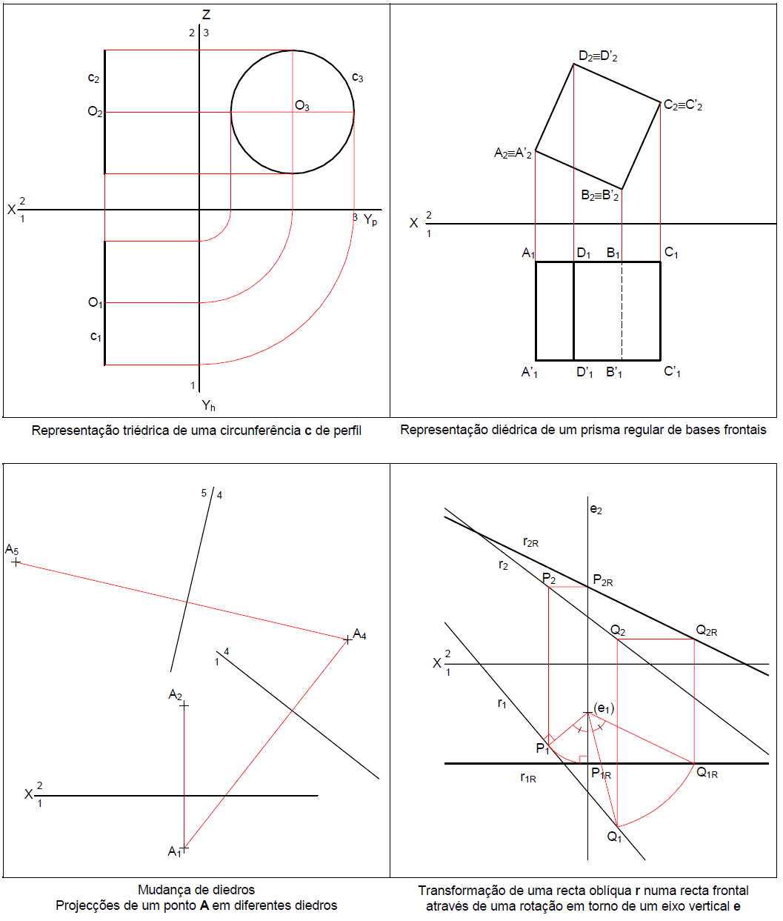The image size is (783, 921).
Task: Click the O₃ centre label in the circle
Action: click(302, 106)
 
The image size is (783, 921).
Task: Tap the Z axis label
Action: click(206, 15)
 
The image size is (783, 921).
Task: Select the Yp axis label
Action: click(370, 220)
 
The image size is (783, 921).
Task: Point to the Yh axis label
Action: click(209, 405)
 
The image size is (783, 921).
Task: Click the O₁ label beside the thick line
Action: click(96, 303)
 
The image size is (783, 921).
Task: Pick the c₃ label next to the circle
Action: click(357, 78)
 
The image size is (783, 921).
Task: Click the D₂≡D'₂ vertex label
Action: click(598, 56)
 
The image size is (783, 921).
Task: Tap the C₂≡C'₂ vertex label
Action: click(682, 105)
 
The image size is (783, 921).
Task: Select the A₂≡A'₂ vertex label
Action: click(513, 154)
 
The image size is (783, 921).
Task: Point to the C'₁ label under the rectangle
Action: click(672, 372)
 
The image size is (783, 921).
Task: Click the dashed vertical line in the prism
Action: click(622, 311)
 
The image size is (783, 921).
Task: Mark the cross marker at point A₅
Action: click(16, 562)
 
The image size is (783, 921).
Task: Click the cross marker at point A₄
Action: click(347, 639)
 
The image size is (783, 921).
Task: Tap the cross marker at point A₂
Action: click(184, 705)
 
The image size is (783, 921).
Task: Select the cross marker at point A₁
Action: click(184, 847)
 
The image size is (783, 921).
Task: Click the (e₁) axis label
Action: click(604, 709)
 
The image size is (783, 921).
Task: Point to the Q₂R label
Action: click(706, 631)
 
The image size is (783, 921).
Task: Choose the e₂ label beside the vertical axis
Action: click(596, 510)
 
